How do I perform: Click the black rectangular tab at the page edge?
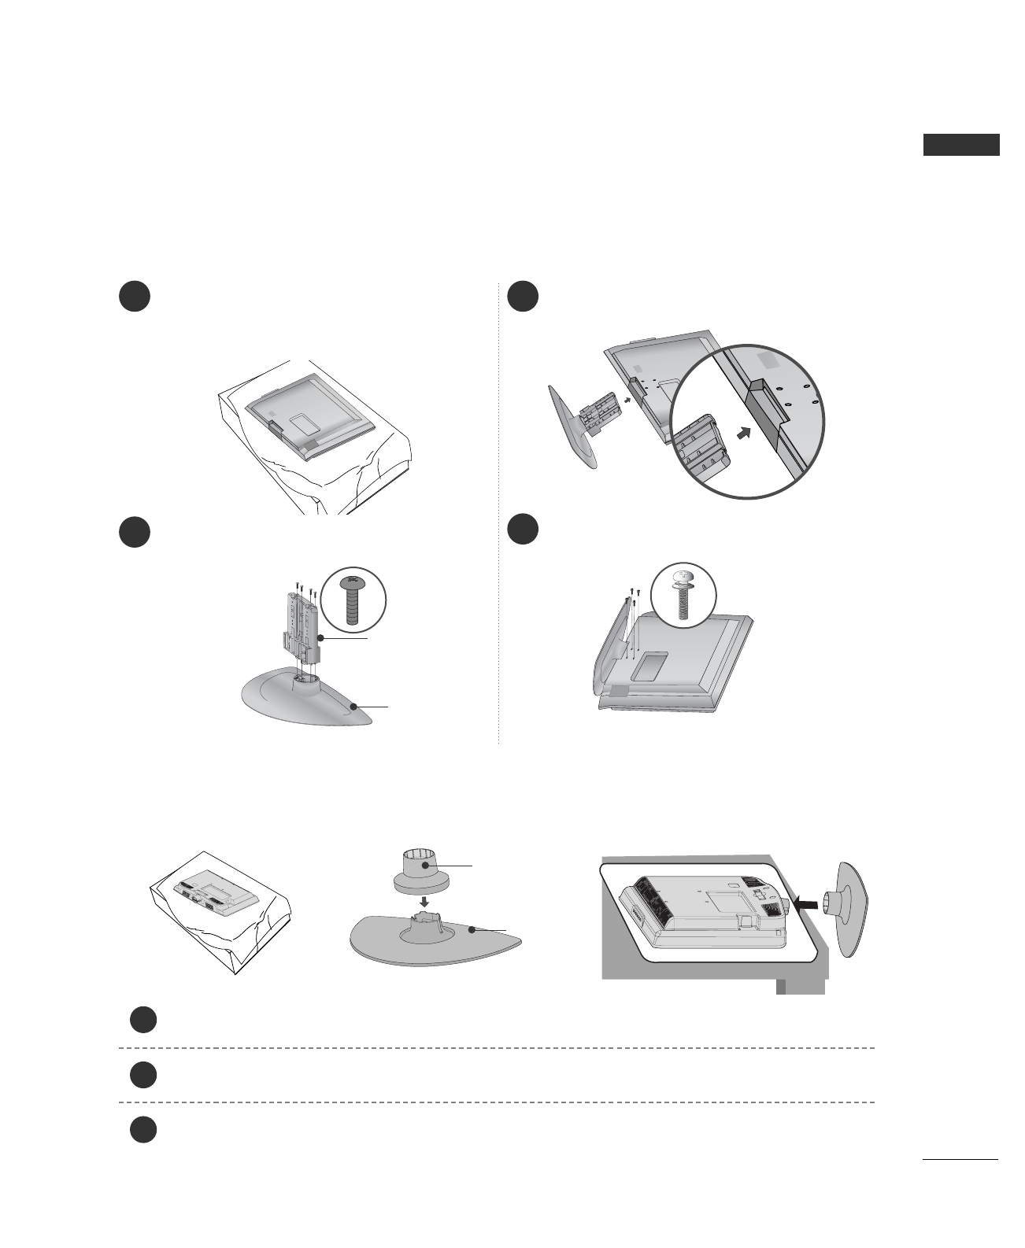[x=960, y=145]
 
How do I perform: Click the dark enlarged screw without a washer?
[x=353, y=603]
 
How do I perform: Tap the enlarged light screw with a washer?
[x=684, y=596]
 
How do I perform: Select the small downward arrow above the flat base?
[x=425, y=897]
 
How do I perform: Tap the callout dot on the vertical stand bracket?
[x=320, y=638]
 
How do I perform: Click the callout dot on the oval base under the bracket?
[x=356, y=706]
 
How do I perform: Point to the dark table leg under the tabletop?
[x=801, y=987]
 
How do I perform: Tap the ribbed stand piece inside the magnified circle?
[x=702, y=448]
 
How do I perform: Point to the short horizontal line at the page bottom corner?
[x=959, y=1159]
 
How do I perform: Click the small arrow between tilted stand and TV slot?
[x=627, y=399]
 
